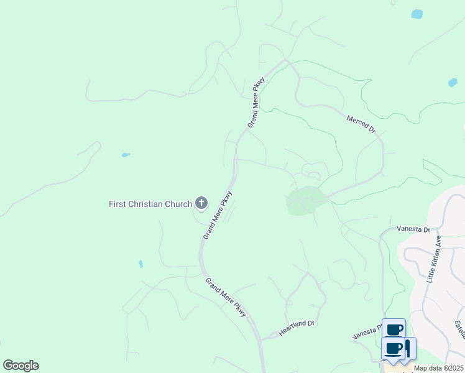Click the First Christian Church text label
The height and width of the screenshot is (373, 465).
coord(150,204)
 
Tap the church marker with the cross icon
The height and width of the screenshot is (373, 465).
coord(201,203)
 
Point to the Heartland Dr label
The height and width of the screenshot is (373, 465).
coord(297,328)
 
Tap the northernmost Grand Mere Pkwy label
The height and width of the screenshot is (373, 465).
coord(256,102)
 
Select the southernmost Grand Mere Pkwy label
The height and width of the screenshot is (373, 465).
coord(226,297)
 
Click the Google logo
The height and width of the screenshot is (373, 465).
coord(21,365)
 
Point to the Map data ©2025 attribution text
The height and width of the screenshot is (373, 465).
coord(438,368)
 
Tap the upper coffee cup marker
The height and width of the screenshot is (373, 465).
coord(394,329)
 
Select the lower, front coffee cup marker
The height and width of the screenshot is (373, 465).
coord(394,349)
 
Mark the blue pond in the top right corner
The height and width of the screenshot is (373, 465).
coord(417,14)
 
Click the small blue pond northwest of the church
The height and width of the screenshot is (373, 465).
coord(126,155)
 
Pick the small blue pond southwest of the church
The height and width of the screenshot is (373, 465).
coord(141,264)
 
